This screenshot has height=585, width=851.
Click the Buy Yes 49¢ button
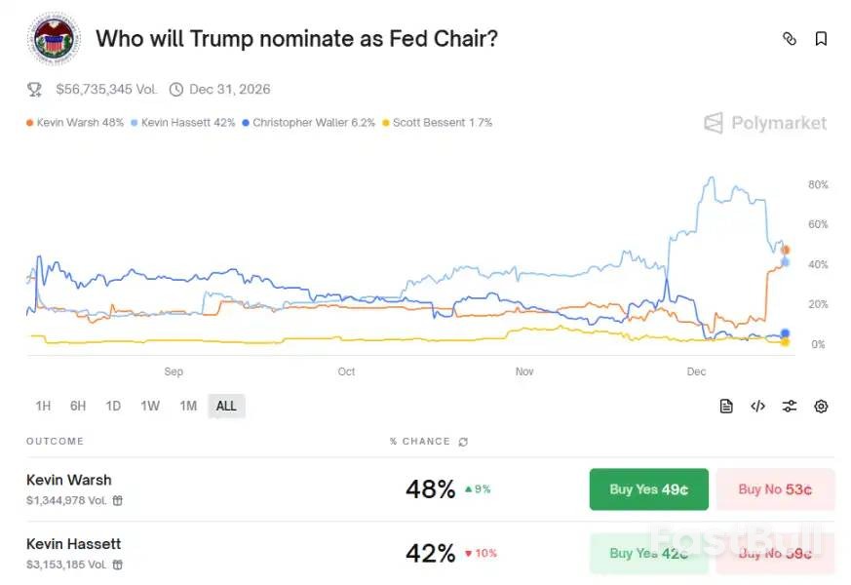pos(648,489)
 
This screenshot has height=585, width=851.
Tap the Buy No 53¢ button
pos(775,489)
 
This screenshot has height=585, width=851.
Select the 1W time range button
pos(150,406)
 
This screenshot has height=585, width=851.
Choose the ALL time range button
pos(226,406)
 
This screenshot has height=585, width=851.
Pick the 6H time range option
pos(78,406)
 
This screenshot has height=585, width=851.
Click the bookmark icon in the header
pos(821,39)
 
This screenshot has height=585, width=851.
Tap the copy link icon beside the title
pos(790,39)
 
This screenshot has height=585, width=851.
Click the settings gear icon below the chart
pos(821,407)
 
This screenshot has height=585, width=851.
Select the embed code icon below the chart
pos(757,407)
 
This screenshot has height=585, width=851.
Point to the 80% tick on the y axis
pos(818,184)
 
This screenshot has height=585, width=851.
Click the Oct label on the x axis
pos(346,371)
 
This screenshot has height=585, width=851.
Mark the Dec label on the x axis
pos(696,371)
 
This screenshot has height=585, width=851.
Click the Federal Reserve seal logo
pos(55,39)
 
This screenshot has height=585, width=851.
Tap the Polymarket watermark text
pos(778,123)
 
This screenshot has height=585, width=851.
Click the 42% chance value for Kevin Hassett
pos(430,553)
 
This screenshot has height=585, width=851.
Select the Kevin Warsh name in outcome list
pos(69,480)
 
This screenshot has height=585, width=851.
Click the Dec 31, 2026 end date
pos(229,90)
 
